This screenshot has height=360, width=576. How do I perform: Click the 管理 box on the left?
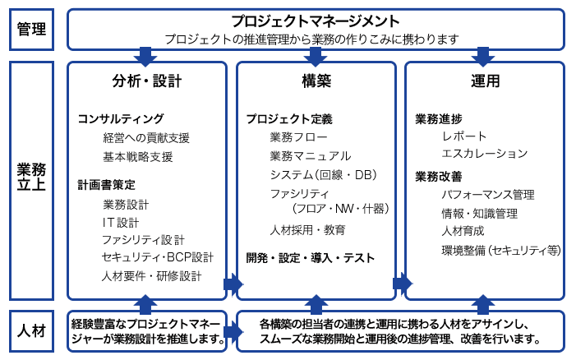[x=31, y=30]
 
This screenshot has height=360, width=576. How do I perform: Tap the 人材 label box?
[x=31, y=331]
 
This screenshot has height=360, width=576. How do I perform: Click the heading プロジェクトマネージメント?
[x=316, y=21]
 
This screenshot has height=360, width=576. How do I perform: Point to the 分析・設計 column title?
[x=147, y=81]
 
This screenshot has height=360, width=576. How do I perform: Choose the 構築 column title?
[x=316, y=81]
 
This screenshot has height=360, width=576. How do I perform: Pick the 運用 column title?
[x=486, y=81]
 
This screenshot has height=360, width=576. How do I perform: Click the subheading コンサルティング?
[x=121, y=118]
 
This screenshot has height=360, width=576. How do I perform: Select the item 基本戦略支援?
[x=138, y=157]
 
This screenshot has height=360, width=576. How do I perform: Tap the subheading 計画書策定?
[x=107, y=184]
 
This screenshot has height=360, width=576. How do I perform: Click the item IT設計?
[x=121, y=222]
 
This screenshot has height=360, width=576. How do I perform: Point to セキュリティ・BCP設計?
[x=158, y=257]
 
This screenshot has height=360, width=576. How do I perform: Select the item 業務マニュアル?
[x=311, y=156]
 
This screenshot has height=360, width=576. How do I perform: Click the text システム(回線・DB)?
[x=324, y=175]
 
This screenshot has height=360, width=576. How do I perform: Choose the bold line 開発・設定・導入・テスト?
[x=311, y=258]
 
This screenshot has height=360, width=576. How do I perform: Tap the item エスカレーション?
[x=485, y=153]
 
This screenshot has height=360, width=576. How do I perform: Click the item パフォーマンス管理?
[x=488, y=194]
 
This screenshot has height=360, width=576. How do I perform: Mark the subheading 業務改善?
[x=439, y=177]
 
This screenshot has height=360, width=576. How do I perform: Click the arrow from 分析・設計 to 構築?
[x=233, y=284]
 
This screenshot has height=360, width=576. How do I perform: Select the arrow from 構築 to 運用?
[x=403, y=284]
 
